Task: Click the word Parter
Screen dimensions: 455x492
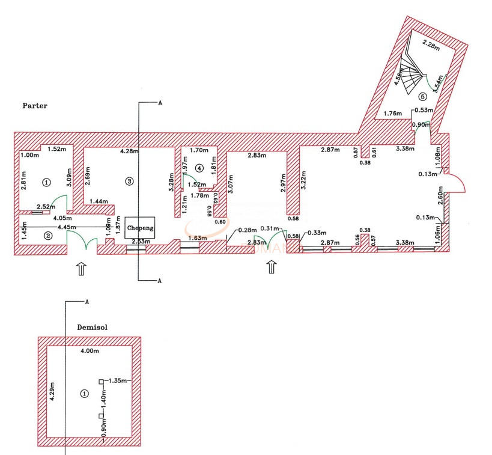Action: coord(35,106)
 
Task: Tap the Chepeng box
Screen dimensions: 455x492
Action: coord(140,228)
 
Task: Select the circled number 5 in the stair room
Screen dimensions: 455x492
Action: coord(422,96)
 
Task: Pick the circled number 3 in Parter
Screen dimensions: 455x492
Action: coord(128,180)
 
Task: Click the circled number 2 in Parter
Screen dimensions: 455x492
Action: coord(47,236)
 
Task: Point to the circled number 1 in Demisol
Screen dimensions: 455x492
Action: coord(84,394)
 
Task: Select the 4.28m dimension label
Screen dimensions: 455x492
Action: coord(130,151)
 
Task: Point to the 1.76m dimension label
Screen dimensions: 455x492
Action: coord(392,113)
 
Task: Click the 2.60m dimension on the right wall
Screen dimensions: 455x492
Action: coord(440,195)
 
